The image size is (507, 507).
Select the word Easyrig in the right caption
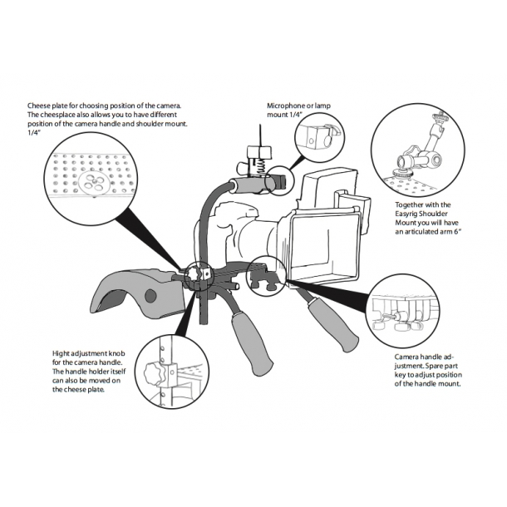[x=407, y=214]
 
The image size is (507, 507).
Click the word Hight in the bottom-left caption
[x=62, y=353]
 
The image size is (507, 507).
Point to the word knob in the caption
[x=116, y=353]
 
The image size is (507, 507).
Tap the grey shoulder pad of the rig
[x=139, y=291]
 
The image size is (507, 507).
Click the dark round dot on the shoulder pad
[x=150, y=295]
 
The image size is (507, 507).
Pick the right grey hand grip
[x=332, y=323]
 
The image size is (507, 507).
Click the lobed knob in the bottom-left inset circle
[x=153, y=374]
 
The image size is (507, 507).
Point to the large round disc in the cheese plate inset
[x=95, y=183]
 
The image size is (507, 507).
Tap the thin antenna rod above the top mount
[x=261, y=135]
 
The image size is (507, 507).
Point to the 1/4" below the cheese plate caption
[x=33, y=133]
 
